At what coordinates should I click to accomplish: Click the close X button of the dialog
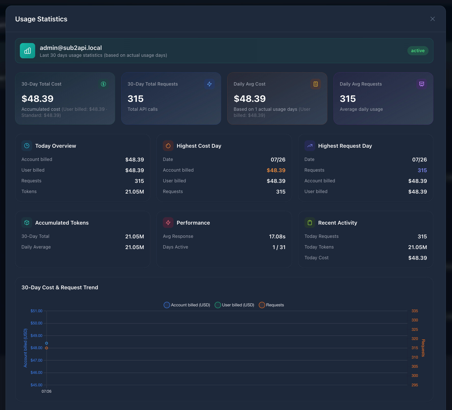click(432, 19)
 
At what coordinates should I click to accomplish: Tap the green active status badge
click(418, 51)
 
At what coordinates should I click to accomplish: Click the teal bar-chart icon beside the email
click(28, 51)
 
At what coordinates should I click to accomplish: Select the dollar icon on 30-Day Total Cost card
click(103, 84)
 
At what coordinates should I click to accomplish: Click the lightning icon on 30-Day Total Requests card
click(209, 84)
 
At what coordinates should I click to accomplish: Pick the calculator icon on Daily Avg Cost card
click(316, 84)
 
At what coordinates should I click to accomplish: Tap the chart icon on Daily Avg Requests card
click(422, 84)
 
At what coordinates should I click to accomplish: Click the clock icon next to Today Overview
click(27, 146)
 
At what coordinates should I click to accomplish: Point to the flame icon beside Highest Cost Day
click(168, 146)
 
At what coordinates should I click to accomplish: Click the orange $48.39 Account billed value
click(276, 170)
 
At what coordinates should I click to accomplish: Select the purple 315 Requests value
click(422, 170)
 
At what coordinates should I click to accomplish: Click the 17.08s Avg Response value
click(277, 237)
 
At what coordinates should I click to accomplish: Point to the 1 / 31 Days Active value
click(279, 247)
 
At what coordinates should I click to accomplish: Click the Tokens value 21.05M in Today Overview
click(135, 192)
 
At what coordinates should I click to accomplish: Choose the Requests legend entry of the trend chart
click(271, 305)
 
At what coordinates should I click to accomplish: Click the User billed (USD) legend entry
click(234, 305)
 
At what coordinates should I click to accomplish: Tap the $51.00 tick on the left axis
click(36, 311)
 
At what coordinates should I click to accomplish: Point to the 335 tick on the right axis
click(415, 311)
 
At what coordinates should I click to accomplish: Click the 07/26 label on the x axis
click(47, 391)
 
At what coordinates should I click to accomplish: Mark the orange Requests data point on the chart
click(47, 348)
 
